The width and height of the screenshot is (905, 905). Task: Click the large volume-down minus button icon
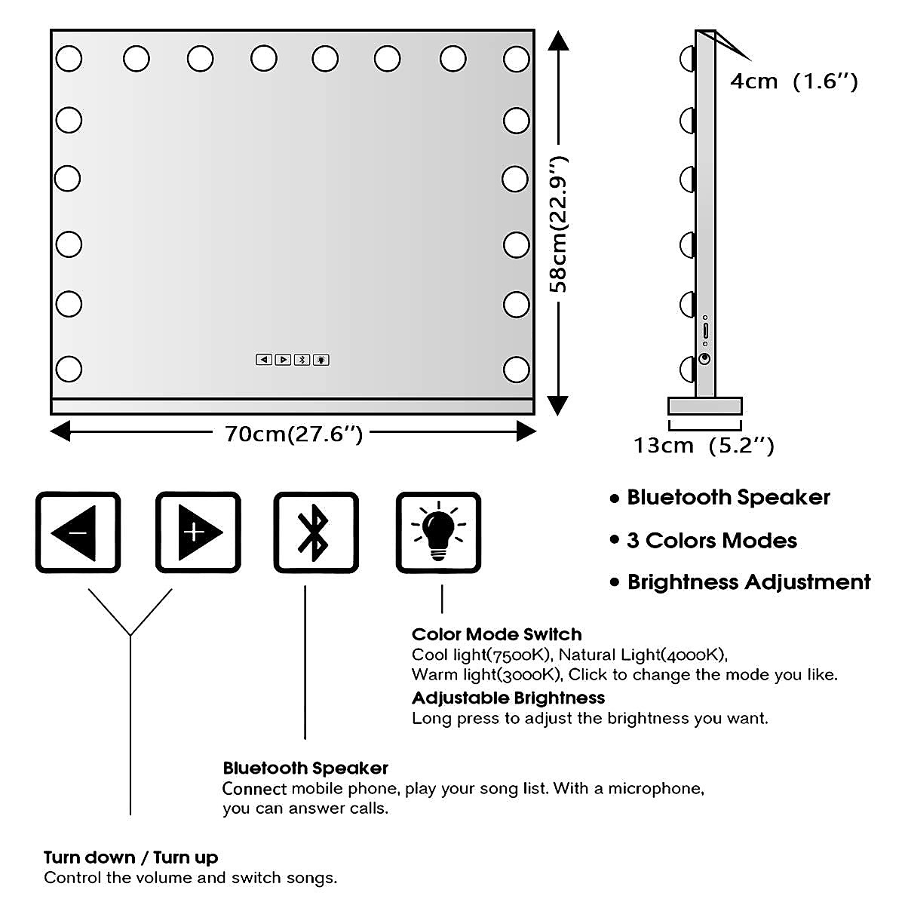tap(78, 532)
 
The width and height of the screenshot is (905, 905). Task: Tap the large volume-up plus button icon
tap(198, 532)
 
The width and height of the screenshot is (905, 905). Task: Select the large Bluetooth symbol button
tap(315, 532)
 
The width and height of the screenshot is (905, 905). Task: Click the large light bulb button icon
tap(438, 532)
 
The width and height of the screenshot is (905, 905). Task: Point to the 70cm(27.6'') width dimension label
tap(293, 434)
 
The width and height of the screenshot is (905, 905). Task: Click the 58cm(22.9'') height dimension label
tap(559, 225)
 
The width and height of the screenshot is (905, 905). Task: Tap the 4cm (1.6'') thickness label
tap(793, 81)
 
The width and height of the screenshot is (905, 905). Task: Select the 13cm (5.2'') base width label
tap(703, 446)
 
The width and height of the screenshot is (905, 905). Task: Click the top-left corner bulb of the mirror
tap(69, 58)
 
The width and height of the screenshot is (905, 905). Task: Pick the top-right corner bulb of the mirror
tap(517, 58)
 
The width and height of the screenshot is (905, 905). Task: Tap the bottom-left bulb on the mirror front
tap(69, 369)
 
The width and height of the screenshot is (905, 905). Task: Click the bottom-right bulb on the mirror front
tap(517, 369)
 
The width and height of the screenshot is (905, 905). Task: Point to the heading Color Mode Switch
tap(496, 634)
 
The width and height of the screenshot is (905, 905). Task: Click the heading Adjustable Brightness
tap(508, 698)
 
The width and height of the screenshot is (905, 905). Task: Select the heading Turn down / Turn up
tap(130, 857)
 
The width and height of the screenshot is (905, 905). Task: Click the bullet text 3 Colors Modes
tap(711, 540)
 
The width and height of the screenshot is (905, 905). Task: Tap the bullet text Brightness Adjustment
tap(748, 582)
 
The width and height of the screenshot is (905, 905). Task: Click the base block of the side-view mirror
tap(704, 406)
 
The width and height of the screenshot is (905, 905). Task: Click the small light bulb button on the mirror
tap(321, 360)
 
